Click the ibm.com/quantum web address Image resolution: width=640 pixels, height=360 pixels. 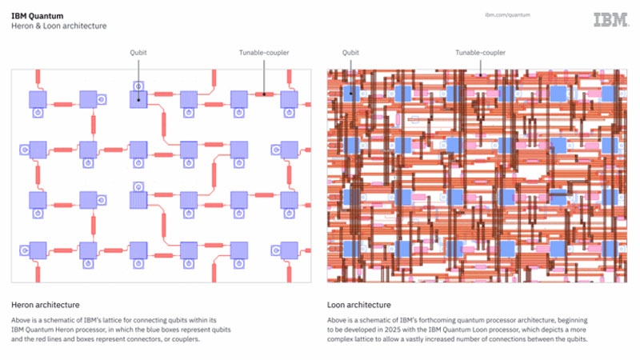click(508, 14)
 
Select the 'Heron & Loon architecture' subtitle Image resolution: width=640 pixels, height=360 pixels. click(58, 26)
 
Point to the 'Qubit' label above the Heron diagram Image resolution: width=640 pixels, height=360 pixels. click(138, 53)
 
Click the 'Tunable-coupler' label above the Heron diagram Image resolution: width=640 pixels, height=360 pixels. click(264, 53)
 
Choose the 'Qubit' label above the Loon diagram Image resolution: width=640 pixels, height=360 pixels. click(350, 53)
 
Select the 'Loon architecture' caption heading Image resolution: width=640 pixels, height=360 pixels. click(359, 305)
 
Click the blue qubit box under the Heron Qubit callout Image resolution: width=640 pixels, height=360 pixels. click(138, 100)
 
